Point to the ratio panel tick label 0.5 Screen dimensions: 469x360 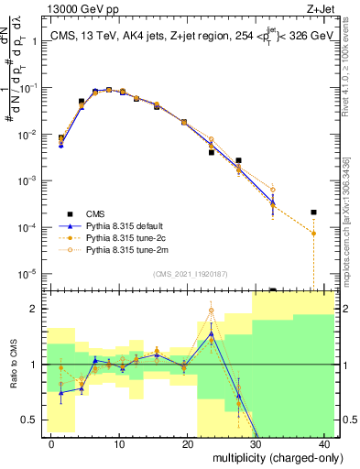pyautogui.click(x=30, y=420)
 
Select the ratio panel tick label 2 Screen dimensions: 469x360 pyautogui.click(x=35, y=309)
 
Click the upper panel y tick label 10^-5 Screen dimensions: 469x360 pyautogui.click(x=27, y=273)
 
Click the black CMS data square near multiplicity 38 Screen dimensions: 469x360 pyautogui.click(x=313, y=213)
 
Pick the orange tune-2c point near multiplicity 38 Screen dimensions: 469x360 pyautogui.click(x=313, y=234)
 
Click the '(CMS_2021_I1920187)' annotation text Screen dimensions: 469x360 pyautogui.click(x=190, y=274)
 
